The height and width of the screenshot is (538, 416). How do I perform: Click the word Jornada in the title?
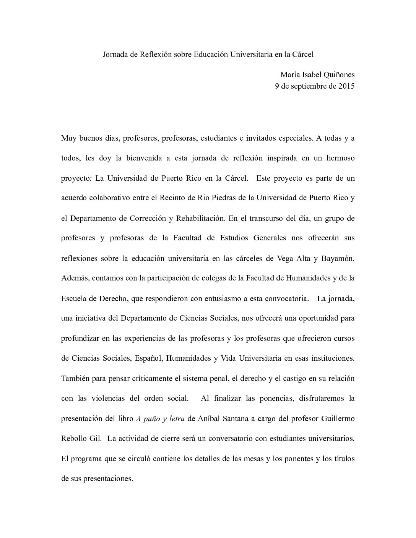coord(115,54)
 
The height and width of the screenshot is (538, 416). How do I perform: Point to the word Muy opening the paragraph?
coord(68,138)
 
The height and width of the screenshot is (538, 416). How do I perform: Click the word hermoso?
coord(340,158)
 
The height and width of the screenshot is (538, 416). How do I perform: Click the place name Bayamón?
coord(339,258)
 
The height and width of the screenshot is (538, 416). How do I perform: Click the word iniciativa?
coord(90,318)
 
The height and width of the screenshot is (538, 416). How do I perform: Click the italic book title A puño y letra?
coord(160,418)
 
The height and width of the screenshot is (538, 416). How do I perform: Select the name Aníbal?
coord(209,418)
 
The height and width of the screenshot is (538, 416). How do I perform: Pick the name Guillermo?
coord(338,418)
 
